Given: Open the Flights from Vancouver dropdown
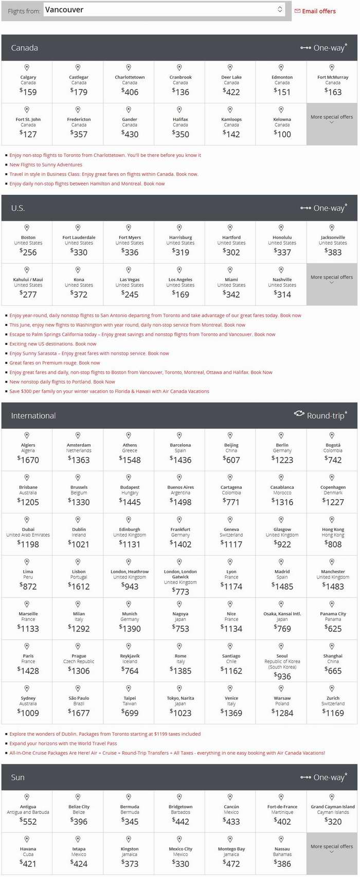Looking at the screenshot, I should pyautogui.click(x=164, y=10).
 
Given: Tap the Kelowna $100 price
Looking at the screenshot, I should pyautogui.click(x=282, y=134).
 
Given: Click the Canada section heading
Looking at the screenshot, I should pyautogui.click(x=25, y=48).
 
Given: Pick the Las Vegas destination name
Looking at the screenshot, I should pyautogui.click(x=130, y=280).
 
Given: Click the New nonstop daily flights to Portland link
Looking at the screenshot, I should pyautogui.click(x=62, y=382).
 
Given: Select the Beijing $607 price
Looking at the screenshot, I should pyautogui.click(x=231, y=460).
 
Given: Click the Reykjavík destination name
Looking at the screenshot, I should pyautogui.click(x=130, y=656).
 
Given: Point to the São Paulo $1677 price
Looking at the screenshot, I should pyautogui.click(x=79, y=712).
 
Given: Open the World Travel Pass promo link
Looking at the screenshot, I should pyautogui.click(x=63, y=743).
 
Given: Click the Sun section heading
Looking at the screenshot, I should pyautogui.click(x=18, y=777).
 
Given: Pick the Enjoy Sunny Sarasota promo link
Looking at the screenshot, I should pyautogui.click(x=89, y=353).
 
